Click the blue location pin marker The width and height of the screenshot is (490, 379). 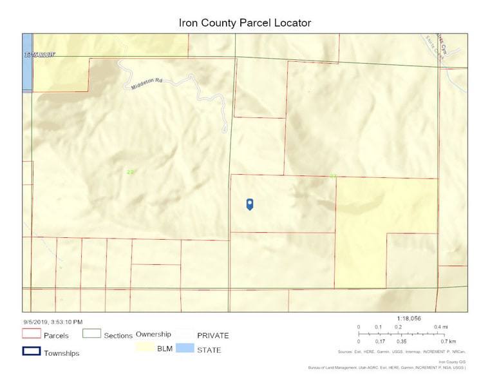(x=250, y=204)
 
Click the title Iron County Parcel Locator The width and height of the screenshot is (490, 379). (x=245, y=23)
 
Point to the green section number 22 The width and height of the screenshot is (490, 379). (x=131, y=172)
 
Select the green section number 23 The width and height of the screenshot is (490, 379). (x=333, y=176)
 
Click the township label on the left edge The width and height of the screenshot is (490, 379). (x=39, y=55)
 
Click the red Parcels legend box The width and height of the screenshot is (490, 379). (x=32, y=335)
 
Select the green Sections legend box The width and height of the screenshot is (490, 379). (x=93, y=335)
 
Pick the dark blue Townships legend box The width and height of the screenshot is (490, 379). (x=32, y=351)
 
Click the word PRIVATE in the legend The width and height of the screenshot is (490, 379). (x=212, y=335)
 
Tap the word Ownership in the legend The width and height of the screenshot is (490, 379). (x=153, y=335)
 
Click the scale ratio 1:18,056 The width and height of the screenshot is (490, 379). (x=408, y=318)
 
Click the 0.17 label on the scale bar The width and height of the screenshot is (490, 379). (x=381, y=341)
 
